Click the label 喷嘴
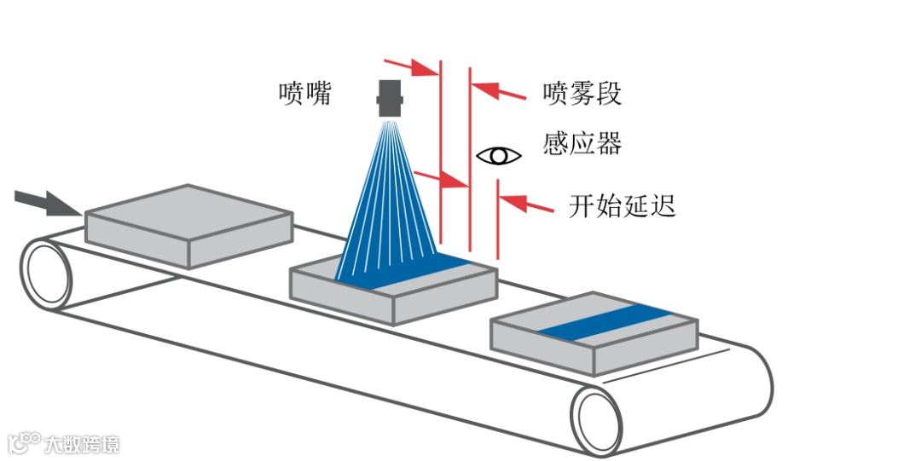tap(305, 93)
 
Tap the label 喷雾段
tap(582, 93)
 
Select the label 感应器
tap(582, 142)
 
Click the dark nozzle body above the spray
tap(391, 99)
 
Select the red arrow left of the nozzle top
tap(411, 66)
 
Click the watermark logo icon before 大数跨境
tap(24, 443)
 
